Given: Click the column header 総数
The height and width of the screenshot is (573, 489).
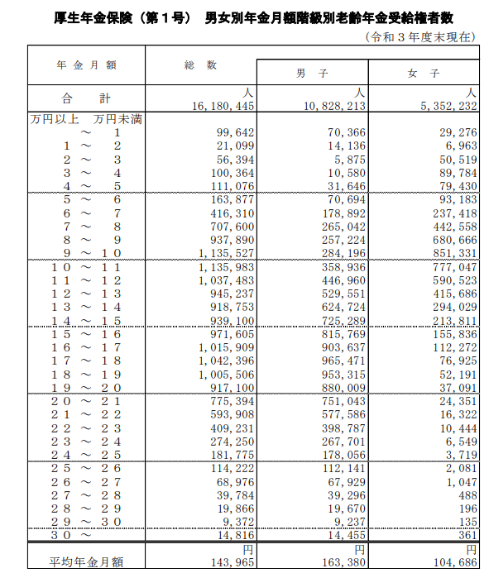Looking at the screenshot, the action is [200, 64].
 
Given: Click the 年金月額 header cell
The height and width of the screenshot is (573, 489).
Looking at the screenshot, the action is [87, 64].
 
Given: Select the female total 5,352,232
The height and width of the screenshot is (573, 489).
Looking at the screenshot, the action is [448, 107].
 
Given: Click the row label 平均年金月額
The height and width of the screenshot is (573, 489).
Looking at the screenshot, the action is [87, 562].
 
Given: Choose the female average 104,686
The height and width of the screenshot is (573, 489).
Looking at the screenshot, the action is [454, 562].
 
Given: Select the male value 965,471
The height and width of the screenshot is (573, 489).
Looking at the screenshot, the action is [342, 361].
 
